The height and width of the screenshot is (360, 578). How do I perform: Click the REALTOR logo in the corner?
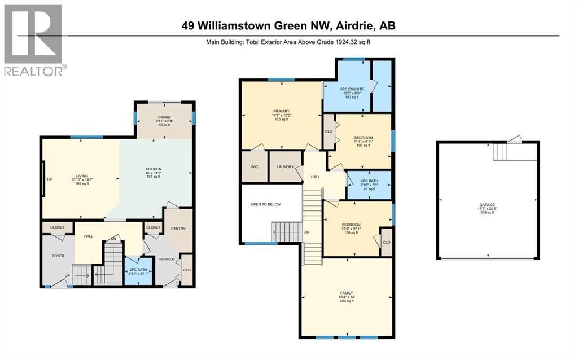pyautogui.click(x=34, y=39)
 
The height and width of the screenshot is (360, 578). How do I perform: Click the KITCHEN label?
pyautogui.click(x=153, y=169)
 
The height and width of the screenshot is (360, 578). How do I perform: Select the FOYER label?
pyautogui.click(x=58, y=256)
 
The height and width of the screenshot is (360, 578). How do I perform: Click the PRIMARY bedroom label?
pyautogui.click(x=281, y=112)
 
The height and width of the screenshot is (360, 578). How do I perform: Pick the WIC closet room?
pyautogui.click(x=254, y=167)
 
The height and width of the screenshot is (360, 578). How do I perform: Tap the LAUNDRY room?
pyautogui.click(x=284, y=167)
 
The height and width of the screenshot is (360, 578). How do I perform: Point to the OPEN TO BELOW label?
pyautogui.click(x=266, y=204)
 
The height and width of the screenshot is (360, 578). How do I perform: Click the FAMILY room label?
pyautogui.click(x=347, y=293)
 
